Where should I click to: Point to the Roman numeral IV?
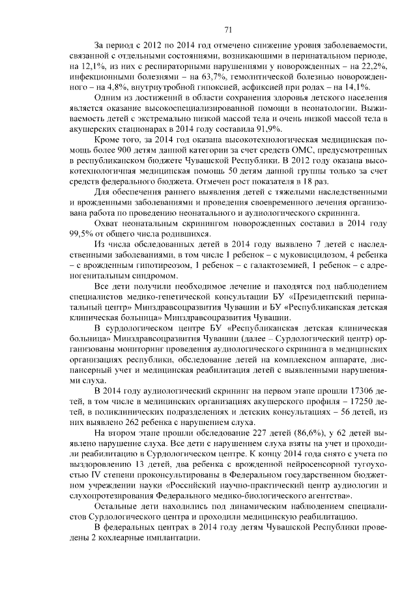point(98,470)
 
